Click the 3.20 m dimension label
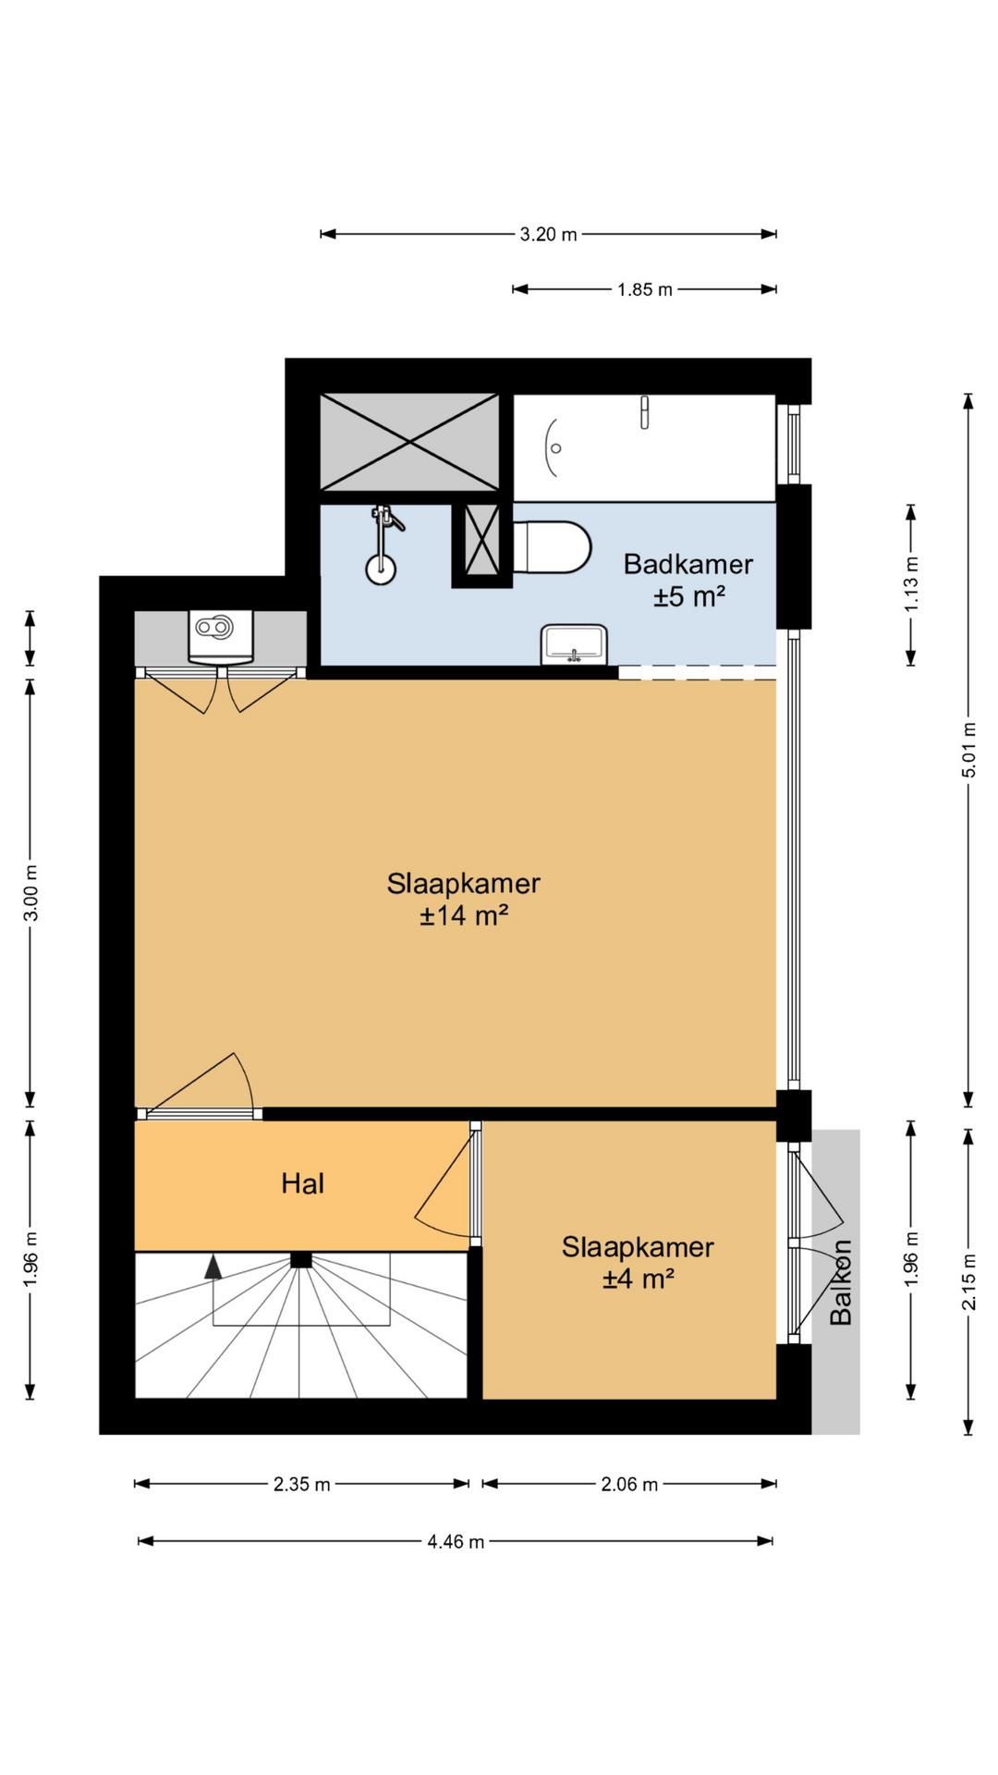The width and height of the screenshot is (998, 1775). click(x=548, y=234)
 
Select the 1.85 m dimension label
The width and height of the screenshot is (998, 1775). click(x=645, y=289)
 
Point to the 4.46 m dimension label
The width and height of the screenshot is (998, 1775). click(x=456, y=1541)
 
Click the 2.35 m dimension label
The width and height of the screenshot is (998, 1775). click(x=301, y=1484)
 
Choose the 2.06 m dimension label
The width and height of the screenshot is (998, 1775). click(x=629, y=1484)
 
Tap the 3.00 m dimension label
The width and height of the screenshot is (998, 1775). click(x=30, y=892)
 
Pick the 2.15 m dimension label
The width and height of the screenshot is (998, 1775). click(x=968, y=1281)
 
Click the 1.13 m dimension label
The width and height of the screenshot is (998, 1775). click(x=911, y=583)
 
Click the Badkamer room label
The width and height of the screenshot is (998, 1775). click(x=688, y=563)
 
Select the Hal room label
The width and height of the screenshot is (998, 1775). click(x=303, y=1183)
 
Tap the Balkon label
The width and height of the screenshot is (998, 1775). click(x=840, y=1282)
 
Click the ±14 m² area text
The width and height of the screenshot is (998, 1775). click(x=464, y=915)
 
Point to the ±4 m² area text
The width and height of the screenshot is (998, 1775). click(x=639, y=1279)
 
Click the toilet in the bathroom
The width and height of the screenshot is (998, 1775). click(x=552, y=547)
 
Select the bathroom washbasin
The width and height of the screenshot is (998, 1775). click(x=575, y=643)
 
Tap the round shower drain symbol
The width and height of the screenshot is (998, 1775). click(x=381, y=569)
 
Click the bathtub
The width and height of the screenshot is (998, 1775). click(x=644, y=448)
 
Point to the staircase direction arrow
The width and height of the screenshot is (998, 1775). click(x=213, y=1266)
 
